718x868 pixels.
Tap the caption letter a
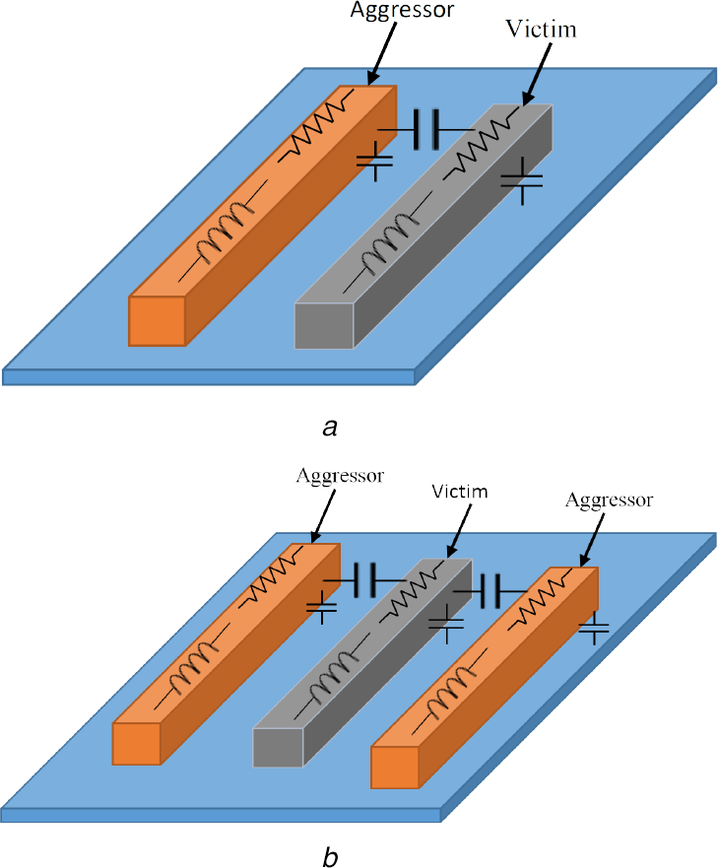tap(332, 428)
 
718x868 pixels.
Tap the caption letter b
tap(332, 856)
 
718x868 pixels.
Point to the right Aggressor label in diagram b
tap(610, 501)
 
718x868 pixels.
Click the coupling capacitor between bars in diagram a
tap(426, 128)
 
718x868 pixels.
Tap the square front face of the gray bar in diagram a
tap(324, 326)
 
